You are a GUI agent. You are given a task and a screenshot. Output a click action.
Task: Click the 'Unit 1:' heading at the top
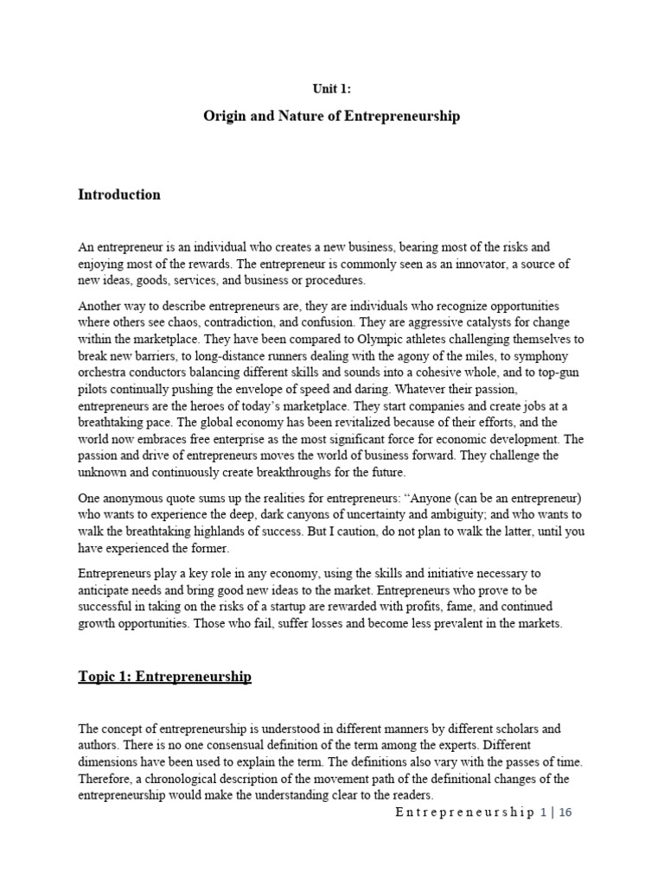331,87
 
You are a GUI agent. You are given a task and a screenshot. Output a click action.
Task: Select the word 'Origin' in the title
225,115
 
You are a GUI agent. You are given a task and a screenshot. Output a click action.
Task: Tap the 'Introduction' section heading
119,194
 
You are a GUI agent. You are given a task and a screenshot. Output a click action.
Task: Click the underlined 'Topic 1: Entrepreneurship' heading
164,677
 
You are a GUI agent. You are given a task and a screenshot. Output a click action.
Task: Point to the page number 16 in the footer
566,813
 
